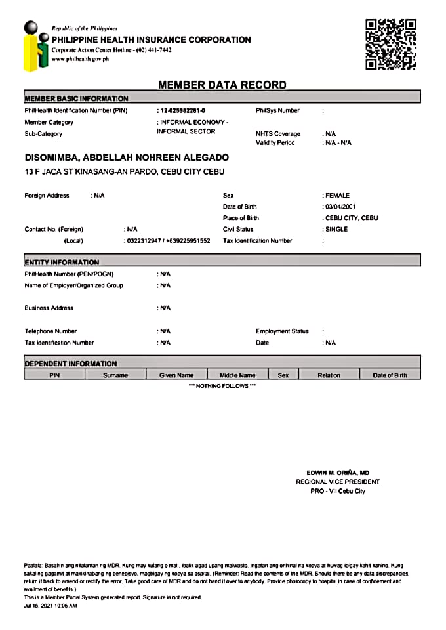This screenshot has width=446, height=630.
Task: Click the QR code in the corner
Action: click(390, 44)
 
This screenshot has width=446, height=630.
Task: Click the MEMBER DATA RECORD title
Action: click(222, 85)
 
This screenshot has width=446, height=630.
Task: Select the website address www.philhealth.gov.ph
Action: click(80, 59)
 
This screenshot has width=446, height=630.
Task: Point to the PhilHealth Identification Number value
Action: click(186, 111)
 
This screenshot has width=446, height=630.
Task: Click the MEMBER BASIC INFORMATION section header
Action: click(76, 98)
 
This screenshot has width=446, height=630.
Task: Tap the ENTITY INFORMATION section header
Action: click(62, 262)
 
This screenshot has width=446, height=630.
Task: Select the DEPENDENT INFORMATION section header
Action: click(71, 363)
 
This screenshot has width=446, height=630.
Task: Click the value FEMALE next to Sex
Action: click(338, 196)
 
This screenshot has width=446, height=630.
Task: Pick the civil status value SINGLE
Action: click(336, 230)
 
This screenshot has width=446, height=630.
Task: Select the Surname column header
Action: click(115, 375)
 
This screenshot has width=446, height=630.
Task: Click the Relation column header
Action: click(329, 375)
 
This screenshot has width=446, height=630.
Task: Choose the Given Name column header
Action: click(176, 375)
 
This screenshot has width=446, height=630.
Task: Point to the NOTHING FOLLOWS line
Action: click(222, 386)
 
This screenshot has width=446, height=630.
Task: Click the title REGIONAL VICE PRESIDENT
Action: click(337, 482)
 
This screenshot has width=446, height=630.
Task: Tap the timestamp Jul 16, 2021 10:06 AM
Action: click(51, 606)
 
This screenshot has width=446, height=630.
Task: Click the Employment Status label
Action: click(282, 331)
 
